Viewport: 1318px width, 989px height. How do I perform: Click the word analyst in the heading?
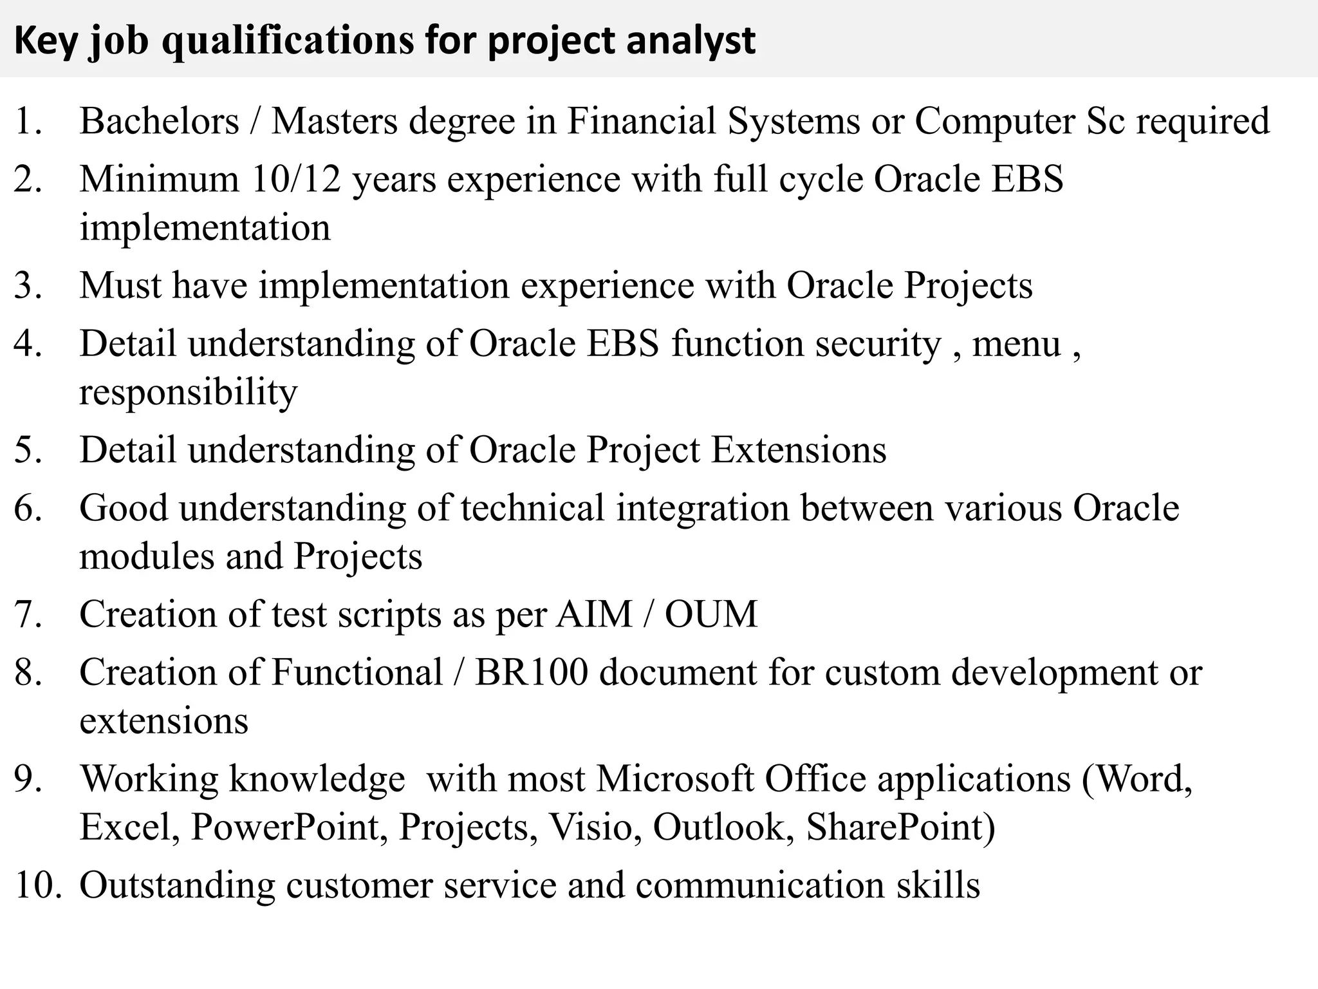click(x=691, y=41)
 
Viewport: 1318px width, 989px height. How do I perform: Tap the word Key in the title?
click(x=44, y=41)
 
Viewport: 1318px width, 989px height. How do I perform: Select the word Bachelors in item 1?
click(x=159, y=121)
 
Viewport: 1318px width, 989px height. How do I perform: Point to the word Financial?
click(x=641, y=121)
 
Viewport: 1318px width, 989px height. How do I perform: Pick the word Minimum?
click(x=159, y=179)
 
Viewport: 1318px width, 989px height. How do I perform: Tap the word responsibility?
click(x=189, y=392)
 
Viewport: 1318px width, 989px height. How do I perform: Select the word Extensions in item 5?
click(x=798, y=450)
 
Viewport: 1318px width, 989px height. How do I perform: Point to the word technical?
click(x=532, y=508)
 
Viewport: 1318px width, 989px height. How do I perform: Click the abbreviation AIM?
click(x=594, y=614)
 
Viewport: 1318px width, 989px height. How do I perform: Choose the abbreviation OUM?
click(x=711, y=614)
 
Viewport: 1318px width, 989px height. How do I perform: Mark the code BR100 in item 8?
click(x=532, y=672)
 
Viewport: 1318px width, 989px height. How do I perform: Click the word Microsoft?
click(x=674, y=778)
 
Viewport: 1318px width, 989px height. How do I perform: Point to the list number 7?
click(x=28, y=614)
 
